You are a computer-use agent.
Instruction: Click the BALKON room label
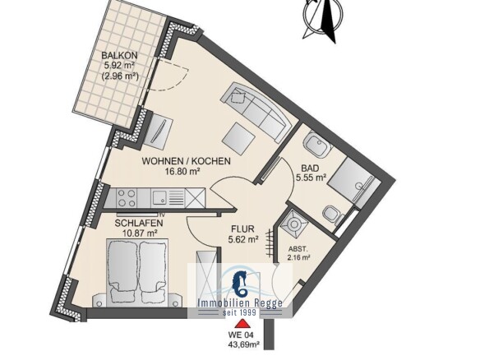pos(119,56)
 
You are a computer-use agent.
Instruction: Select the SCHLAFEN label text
pos(139,224)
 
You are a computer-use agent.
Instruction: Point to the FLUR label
pos(242,228)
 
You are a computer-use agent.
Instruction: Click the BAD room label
pos(310,168)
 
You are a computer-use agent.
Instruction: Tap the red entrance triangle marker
pos(242,324)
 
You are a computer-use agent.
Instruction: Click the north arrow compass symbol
pos(323,18)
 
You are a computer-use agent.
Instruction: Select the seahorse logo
pos(241,284)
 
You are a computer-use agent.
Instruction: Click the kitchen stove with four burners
pos(127,198)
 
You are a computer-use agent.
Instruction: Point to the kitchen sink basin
pos(159,197)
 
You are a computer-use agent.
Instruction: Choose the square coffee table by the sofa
pos(238,137)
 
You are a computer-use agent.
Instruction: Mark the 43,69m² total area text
pos(243,345)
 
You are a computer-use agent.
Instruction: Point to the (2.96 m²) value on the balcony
pos(120,76)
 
